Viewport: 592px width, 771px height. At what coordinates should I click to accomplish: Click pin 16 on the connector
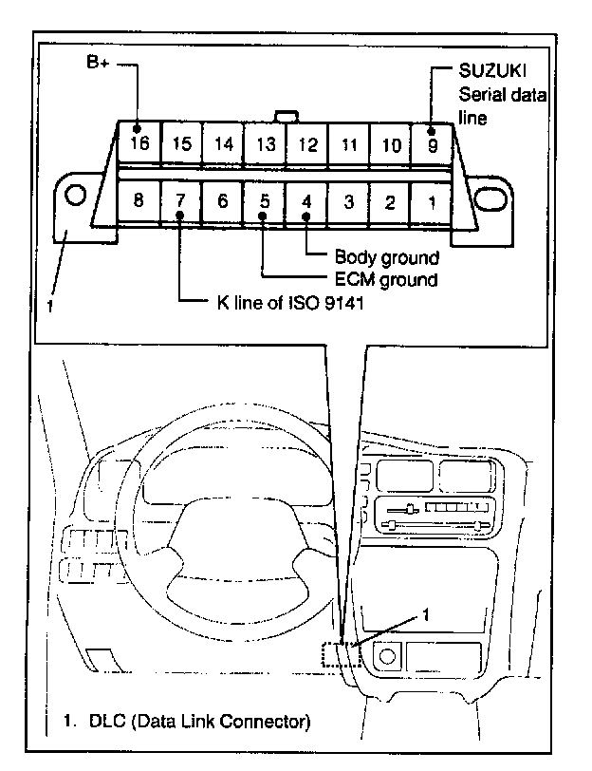click(x=139, y=143)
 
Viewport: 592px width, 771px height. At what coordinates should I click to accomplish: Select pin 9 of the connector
click(x=433, y=144)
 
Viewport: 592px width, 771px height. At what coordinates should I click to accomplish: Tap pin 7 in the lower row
click(x=180, y=200)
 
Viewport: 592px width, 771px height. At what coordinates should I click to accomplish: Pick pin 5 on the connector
click(x=264, y=200)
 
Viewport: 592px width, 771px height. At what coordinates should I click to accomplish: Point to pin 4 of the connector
click(x=306, y=201)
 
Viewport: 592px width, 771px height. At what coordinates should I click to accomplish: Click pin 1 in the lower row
click(x=432, y=201)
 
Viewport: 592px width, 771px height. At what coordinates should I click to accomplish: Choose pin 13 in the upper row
click(x=265, y=144)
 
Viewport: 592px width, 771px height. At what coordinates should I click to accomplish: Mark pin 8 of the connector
click(x=139, y=200)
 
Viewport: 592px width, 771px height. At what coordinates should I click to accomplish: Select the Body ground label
click(x=386, y=257)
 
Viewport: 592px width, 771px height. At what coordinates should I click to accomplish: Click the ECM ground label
click(x=387, y=279)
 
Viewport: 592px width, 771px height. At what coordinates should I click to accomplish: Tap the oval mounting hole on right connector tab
click(x=489, y=198)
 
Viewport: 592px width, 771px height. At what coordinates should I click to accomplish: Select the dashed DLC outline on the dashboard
click(x=339, y=657)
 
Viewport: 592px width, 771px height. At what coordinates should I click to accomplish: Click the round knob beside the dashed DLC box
click(x=387, y=655)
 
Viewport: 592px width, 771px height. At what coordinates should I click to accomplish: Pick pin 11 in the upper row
click(x=348, y=144)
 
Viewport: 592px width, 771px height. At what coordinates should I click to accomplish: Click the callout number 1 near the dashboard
click(x=426, y=614)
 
